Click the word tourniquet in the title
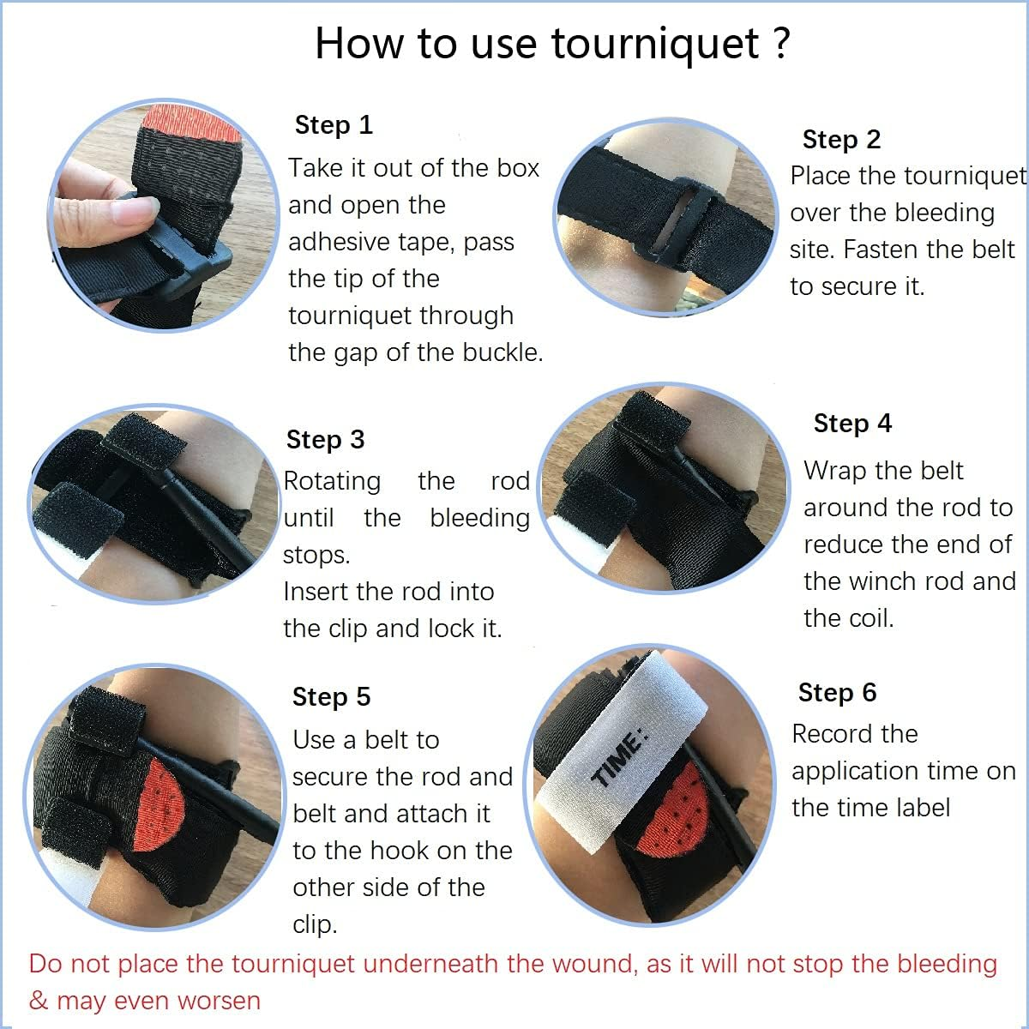click(654, 44)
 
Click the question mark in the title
click(780, 43)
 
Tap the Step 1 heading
click(334, 125)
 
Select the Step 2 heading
click(841, 140)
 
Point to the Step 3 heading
click(325, 440)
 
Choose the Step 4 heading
click(852, 424)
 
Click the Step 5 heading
click(331, 697)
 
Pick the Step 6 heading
click(837, 693)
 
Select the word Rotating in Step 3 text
click(332, 481)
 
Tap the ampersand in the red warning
click(39, 1001)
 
